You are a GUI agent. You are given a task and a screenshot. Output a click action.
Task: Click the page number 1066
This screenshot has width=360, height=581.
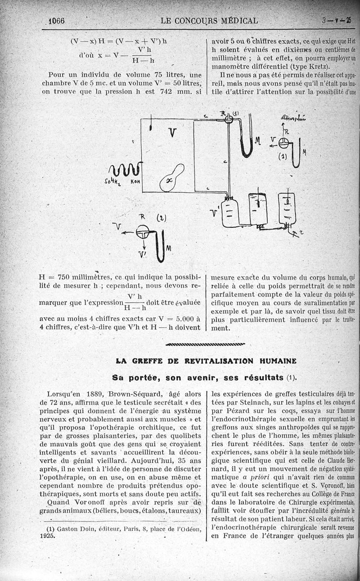pyautogui.click(x=57, y=21)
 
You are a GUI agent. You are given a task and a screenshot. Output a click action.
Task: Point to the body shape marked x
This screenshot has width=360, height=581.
pyautogui.click(x=171, y=178)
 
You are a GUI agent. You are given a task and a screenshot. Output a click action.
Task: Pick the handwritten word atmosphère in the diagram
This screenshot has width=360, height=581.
pyautogui.click(x=292, y=118)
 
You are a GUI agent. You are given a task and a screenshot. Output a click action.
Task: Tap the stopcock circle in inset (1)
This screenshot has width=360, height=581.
pyautogui.click(x=283, y=143)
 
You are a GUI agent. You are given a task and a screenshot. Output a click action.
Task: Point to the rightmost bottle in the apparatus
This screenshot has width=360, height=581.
pyautogui.click(x=287, y=208)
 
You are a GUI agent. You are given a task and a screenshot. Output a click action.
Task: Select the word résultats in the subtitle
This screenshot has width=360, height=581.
pyautogui.click(x=261, y=377)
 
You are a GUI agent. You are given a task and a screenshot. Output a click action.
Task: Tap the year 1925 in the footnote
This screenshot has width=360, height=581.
pyautogui.click(x=47, y=536)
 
